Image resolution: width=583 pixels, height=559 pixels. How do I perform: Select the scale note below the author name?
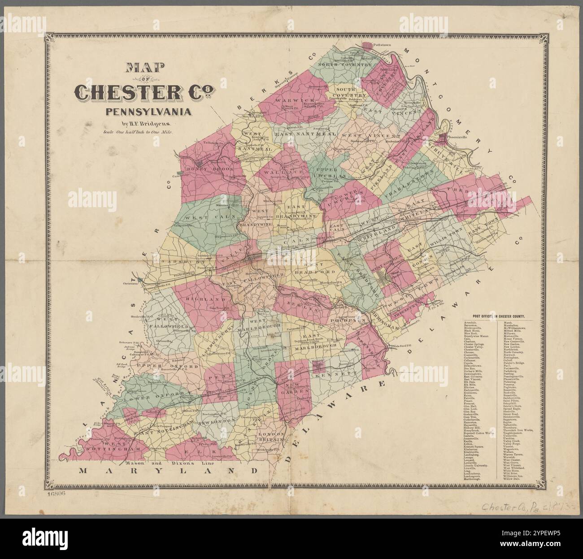(x=141, y=132)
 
